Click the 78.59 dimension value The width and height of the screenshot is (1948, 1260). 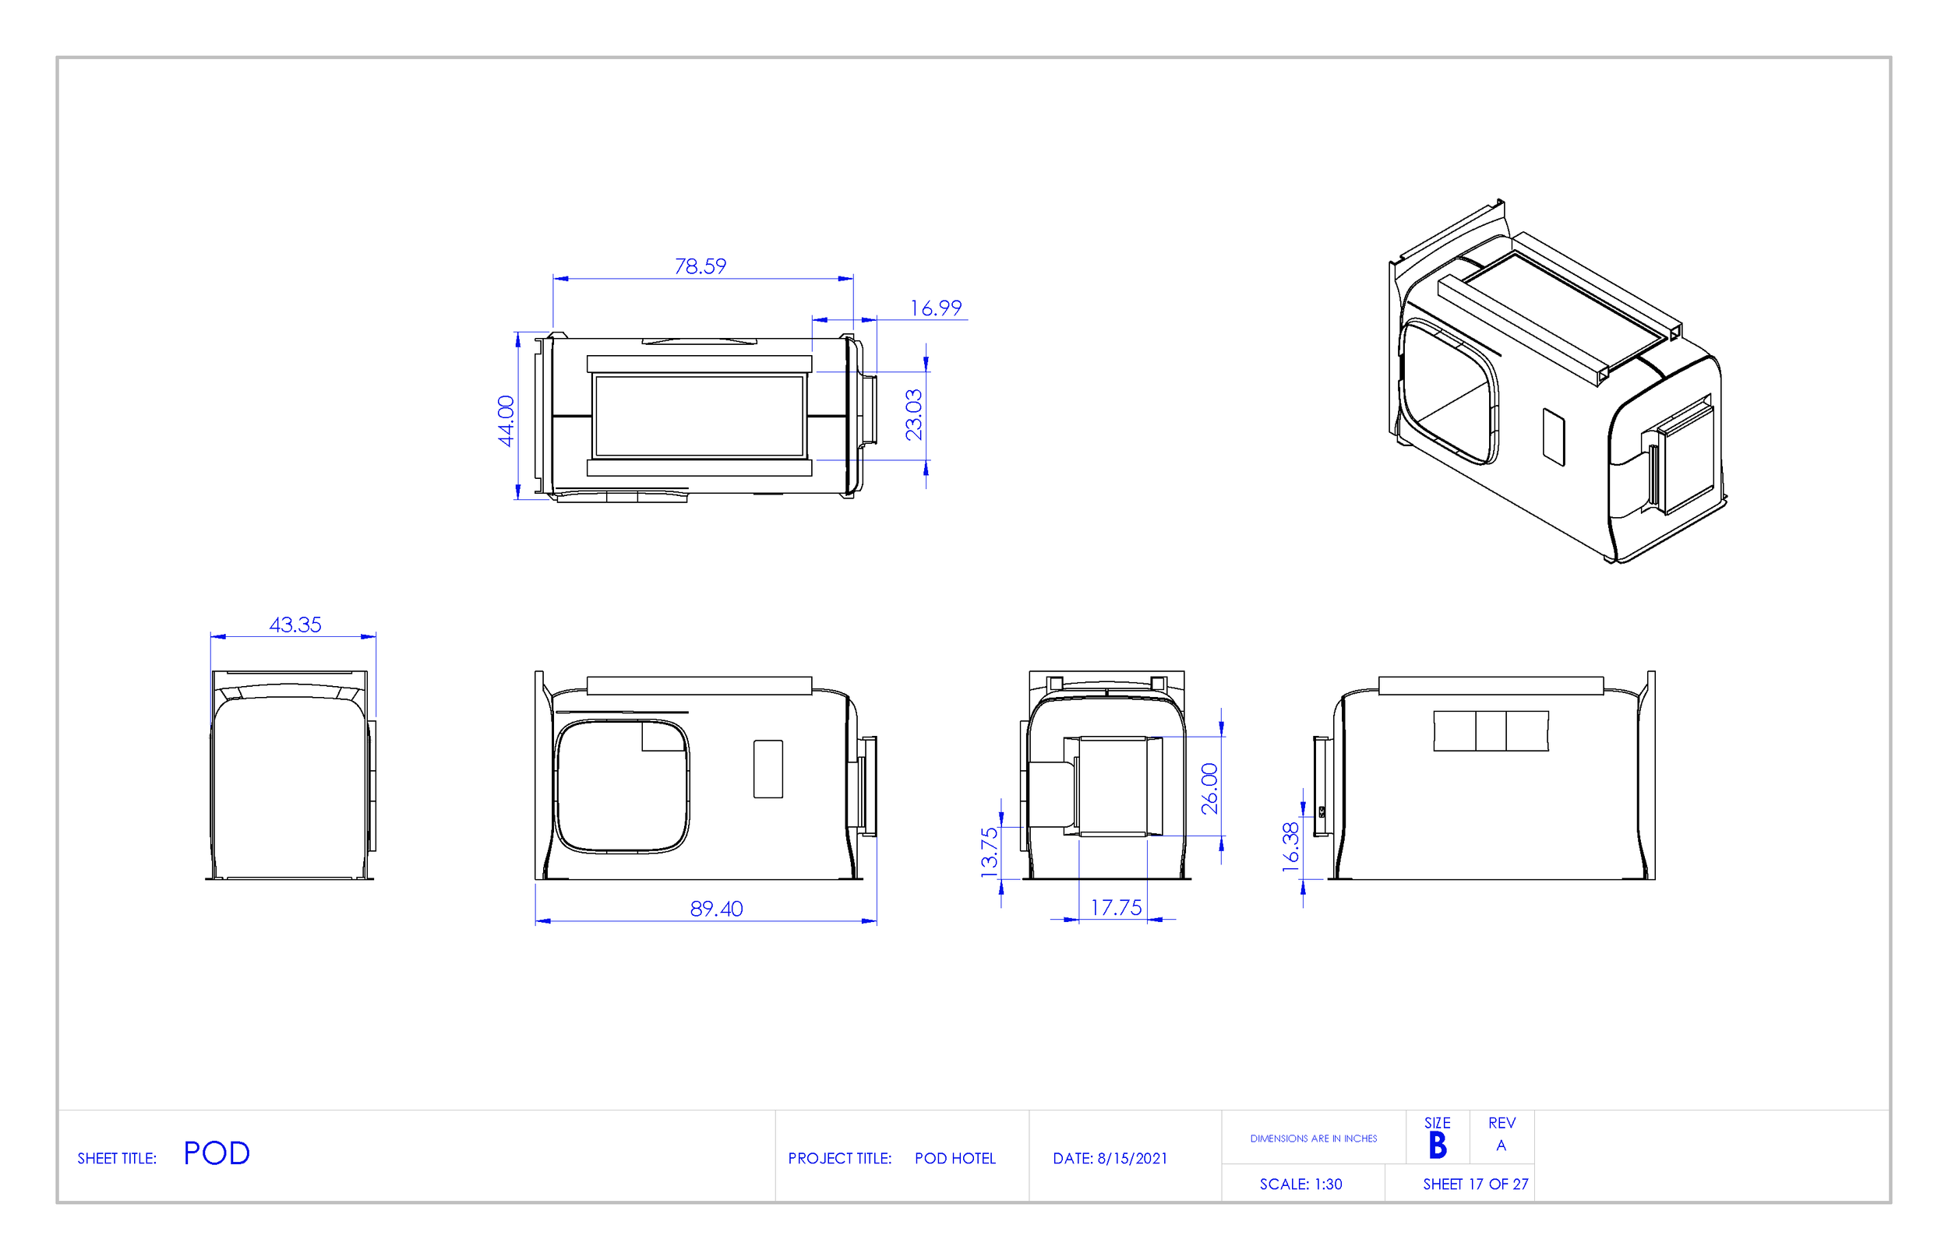pos(700,267)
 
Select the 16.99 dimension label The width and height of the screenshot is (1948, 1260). pos(936,308)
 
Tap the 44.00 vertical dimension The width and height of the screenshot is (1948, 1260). pos(506,421)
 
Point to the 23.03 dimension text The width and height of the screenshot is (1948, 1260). pos(913,415)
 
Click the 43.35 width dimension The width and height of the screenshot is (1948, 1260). pos(295,625)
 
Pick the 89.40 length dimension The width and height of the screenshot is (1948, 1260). pos(716,909)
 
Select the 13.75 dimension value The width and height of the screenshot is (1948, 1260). pos(990,852)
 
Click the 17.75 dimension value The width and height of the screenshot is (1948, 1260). pos(1116,907)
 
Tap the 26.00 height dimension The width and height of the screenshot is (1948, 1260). pos(1209,789)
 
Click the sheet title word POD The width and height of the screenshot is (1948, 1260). pos(216,1153)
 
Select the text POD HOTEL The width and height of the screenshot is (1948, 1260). pos(955,1159)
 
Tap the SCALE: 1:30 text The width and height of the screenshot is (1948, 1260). pos(1300,1184)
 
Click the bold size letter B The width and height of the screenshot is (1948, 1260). pos(1438,1146)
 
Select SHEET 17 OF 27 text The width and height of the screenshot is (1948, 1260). pos(1475,1184)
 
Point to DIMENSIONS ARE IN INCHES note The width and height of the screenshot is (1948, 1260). pos(1313,1138)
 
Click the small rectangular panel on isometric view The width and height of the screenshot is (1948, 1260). pos(1554,437)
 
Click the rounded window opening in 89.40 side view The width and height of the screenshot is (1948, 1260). pos(622,786)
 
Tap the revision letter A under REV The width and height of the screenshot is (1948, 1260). pos(1501,1146)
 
